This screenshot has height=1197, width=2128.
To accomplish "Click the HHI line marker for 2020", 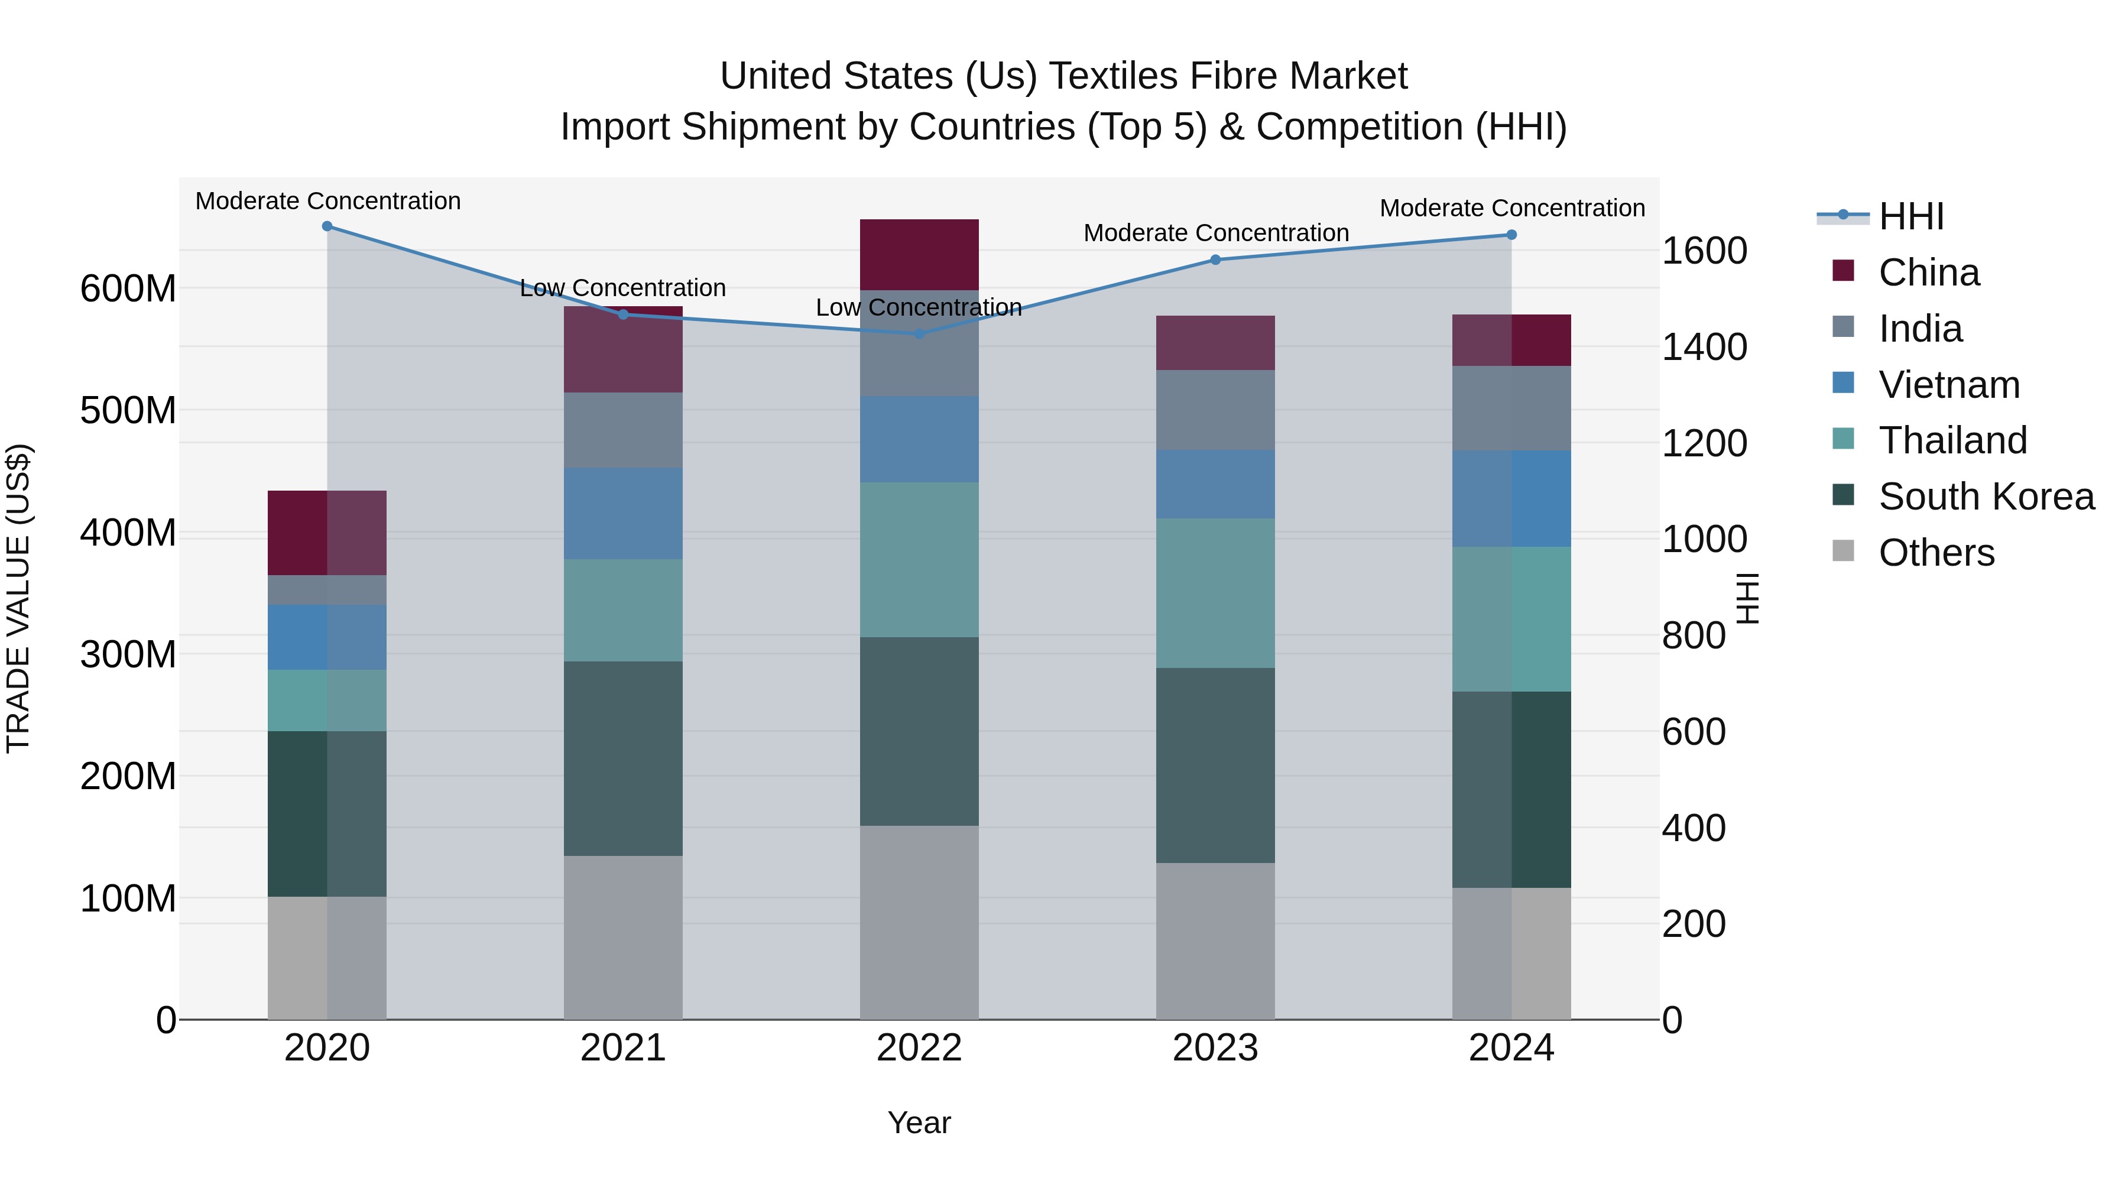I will (327, 226).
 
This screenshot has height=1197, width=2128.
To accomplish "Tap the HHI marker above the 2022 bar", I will (919, 334).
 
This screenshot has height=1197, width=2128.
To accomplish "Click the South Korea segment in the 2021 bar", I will (623, 758).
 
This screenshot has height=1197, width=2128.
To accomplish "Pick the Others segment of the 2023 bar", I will (1215, 941).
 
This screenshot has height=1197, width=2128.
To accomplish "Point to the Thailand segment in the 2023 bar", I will (1215, 593).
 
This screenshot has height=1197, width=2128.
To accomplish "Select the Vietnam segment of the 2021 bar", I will (623, 514).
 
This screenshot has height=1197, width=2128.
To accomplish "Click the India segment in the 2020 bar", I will (327, 590).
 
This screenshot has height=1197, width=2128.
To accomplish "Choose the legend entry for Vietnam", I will (1949, 385).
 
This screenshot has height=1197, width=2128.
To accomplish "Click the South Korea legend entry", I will (1986, 497).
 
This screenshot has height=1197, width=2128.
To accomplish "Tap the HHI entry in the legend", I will (1910, 216).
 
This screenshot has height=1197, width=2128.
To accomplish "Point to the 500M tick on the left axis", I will (128, 411).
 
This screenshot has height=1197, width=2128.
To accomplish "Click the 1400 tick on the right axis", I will (1704, 347).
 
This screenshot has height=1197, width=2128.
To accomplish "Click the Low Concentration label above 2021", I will (623, 288).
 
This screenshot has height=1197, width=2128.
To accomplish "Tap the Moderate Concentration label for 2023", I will (1216, 233).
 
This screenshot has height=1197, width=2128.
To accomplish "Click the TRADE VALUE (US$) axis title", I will (18, 598).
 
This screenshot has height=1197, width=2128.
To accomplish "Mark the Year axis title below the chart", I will (919, 1124).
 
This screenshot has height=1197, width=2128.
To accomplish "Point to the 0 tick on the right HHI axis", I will (1672, 1021).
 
